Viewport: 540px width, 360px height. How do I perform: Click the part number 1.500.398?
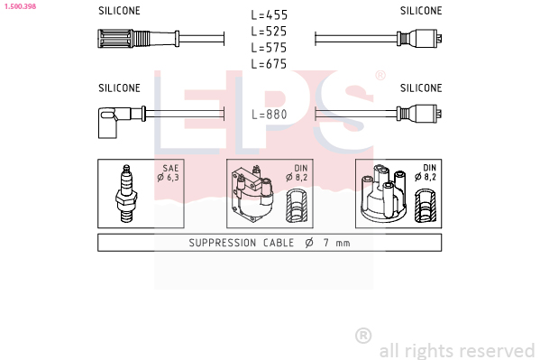(x=20, y=6)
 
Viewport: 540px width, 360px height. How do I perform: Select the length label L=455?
(x=269, y=14)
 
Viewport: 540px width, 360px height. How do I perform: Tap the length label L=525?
(x=269, y=32)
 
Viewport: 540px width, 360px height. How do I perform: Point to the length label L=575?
(x=269, y=48)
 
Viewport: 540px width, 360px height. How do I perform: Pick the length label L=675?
(x=269, y=64)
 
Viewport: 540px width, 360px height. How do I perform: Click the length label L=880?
(x=270, y=115)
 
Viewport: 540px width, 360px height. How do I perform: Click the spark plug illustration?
(x=126, y=193)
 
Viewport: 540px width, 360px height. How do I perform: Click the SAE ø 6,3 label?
(x=169, y=172)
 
